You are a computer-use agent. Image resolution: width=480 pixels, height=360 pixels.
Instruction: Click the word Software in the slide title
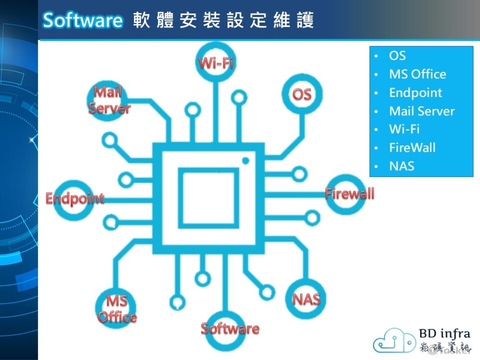tap(83, 20)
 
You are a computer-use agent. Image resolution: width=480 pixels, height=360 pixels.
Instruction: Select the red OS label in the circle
tap(302, 94)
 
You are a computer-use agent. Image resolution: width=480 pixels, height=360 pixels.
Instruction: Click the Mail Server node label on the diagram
tap(109, 100)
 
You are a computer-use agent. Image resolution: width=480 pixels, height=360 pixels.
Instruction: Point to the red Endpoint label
tap(75, 198)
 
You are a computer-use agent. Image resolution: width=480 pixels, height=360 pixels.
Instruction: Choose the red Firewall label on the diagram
tap(349, 194)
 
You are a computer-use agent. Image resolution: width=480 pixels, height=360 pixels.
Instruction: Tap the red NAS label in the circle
tap(306, 299)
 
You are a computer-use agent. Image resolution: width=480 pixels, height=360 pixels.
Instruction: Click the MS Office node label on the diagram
tap(117, 309)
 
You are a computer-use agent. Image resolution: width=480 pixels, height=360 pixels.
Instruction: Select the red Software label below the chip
tap(230, 328)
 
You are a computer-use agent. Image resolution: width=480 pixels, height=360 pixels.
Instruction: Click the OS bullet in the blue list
tap(397, 56)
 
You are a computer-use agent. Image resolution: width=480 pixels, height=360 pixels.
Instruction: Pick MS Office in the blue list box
tap(417, 74)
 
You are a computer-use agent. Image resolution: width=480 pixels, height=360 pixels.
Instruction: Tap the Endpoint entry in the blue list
tap(415, 93)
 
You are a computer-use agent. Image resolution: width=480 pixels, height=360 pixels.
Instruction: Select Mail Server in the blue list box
tap(421, 111)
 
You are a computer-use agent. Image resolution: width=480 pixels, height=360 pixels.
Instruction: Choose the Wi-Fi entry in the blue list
tap(404, 130)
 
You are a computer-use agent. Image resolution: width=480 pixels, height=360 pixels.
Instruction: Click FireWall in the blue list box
tap(412, 148)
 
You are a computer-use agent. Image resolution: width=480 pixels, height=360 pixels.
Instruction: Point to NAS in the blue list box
tap(401, 167)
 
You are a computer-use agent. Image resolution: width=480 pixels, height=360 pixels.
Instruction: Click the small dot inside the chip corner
tap(245, 160)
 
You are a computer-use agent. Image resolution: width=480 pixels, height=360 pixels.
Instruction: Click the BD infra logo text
tap(444, 334)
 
